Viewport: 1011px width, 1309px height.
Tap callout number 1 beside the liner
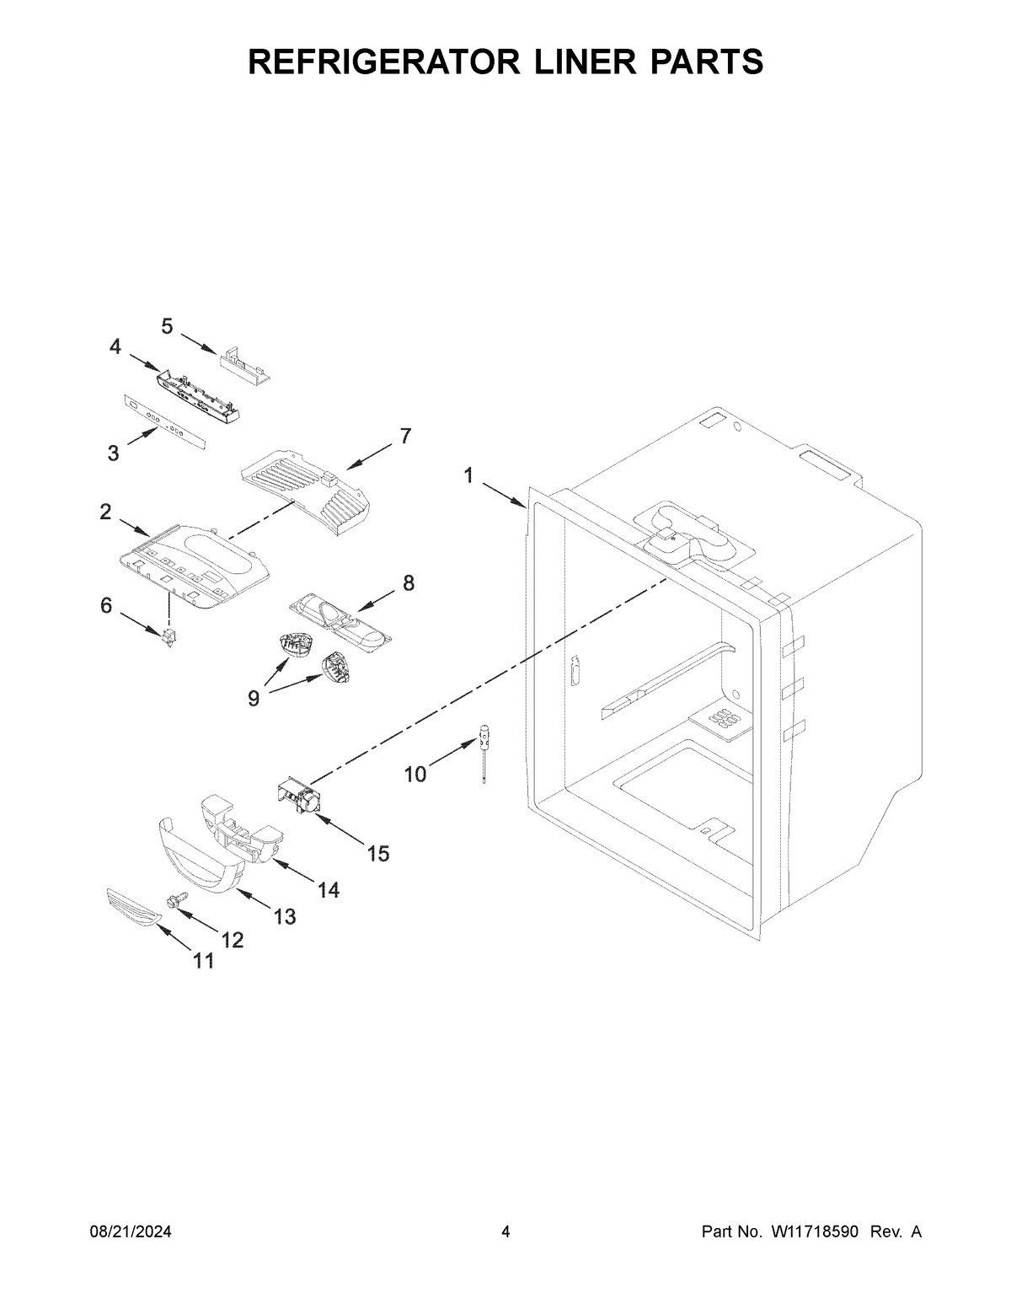[468, 476]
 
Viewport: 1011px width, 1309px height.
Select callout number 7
[405, 436]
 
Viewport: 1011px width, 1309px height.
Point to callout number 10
[415, 773]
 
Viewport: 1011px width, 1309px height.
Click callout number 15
[378, 854]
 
